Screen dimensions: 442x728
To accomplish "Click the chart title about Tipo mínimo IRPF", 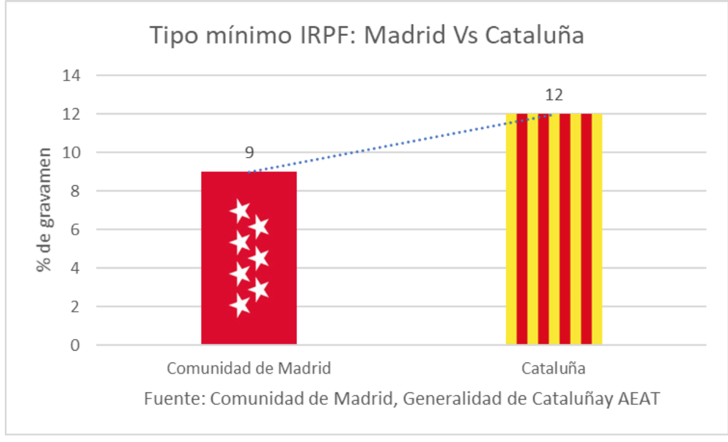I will [x=366, y=35].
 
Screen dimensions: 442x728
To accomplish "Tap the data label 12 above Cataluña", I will [x=553, y=96].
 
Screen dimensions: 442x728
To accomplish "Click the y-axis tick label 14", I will [x=72, y=76].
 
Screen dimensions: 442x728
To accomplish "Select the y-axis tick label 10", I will [x=72, y=153].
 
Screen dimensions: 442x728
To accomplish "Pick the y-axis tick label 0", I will [x=76, y=345].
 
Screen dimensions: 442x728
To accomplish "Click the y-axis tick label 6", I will [x=76, y=230].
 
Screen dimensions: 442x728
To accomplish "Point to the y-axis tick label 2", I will [x=76, y=307].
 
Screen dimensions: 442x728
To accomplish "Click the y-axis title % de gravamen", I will [x=44, y=210].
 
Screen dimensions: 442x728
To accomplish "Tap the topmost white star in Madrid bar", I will [x=240, y=210].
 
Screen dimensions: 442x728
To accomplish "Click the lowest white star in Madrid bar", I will [x=240, y=306].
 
